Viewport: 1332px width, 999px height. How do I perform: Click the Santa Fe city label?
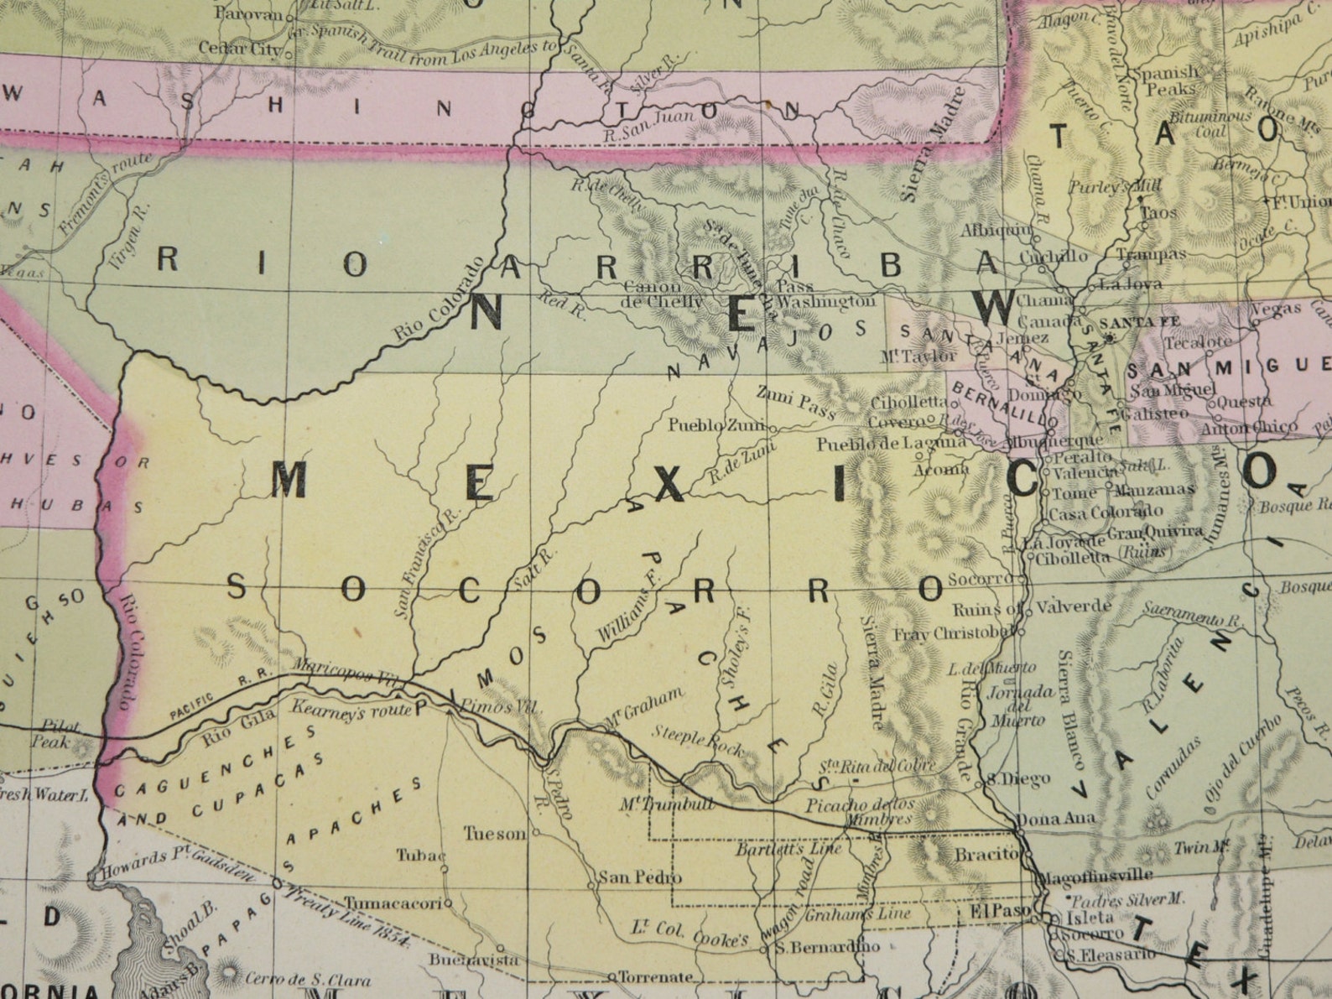[x=1128, y=321]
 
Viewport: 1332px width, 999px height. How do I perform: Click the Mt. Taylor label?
[x=918, y=356]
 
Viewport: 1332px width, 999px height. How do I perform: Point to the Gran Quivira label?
[x=1155, y=532]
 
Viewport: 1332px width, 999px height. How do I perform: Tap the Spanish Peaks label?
[x=1166, y=80]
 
